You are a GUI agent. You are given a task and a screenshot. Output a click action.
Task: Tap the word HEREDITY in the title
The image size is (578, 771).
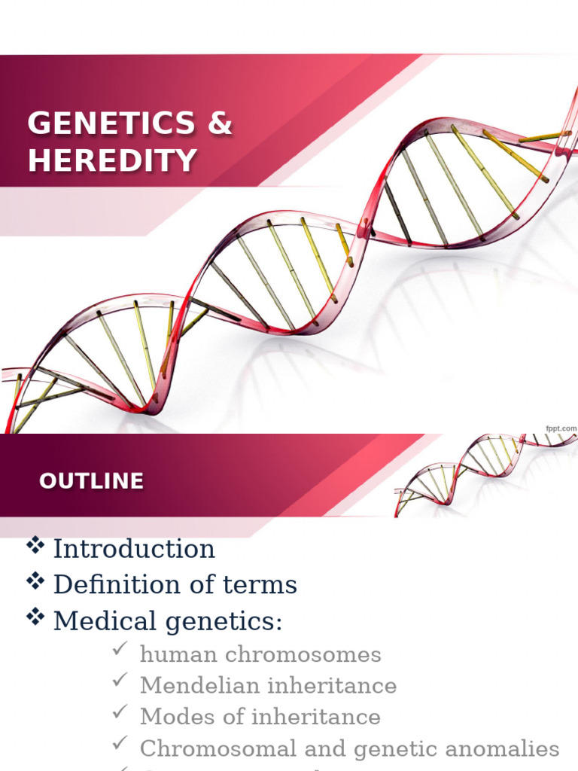click(x=113, y=160)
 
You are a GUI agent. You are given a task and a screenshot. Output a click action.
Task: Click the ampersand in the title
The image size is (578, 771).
click(x=219, y=124)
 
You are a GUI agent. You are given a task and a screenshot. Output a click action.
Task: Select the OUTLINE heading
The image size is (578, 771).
click(x=91, y=481)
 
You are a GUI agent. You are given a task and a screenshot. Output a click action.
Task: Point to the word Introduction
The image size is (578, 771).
click(x=134, y=549)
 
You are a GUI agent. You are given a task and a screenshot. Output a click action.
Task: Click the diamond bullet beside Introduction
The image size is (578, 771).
click(x=35, y=546)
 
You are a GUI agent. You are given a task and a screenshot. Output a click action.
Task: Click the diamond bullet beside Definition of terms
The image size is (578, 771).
click(x=35, y=581)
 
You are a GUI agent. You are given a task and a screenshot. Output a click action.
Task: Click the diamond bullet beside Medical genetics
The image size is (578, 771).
click(x=35, y=617)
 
